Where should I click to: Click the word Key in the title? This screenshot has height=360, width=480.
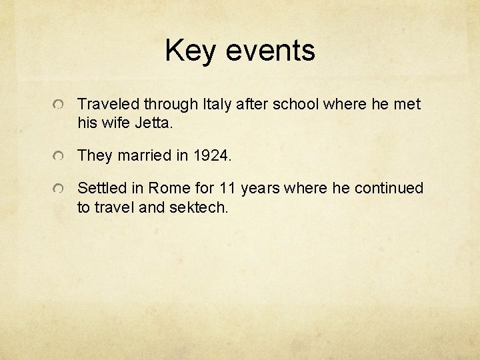(193, 51)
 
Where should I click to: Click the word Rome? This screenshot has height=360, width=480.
(163, 189)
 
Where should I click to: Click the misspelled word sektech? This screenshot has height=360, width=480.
(200, 207)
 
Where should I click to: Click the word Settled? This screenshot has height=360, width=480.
(101, 189)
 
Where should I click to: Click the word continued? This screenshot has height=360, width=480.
(389, 189)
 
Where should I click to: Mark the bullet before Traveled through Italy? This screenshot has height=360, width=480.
(59, 105)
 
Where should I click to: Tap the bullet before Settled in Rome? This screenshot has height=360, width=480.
(59, 190)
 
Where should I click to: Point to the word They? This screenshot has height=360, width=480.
(95, 156)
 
